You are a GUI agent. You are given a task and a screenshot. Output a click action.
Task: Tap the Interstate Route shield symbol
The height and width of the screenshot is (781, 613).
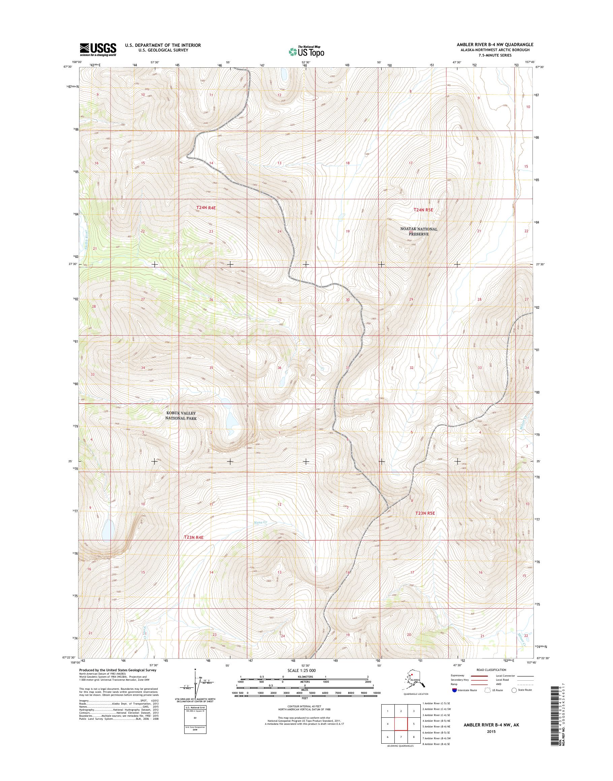(455, 690)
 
